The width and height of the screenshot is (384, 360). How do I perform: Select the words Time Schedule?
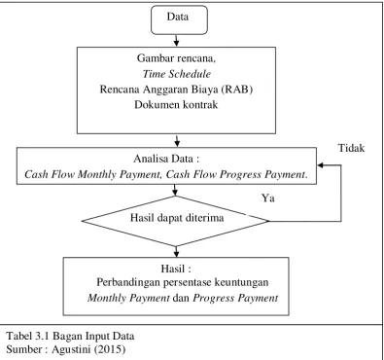click(x=177, y=74)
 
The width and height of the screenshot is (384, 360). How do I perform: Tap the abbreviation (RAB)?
click(x=237, y=90)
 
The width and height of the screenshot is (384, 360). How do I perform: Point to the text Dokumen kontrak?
click(x=176, y=105)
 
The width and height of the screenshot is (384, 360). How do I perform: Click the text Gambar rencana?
click(x=176, y=58)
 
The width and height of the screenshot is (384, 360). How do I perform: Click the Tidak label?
click(x=352, y=148)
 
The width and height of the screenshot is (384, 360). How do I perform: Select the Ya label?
click(x=268, y=198)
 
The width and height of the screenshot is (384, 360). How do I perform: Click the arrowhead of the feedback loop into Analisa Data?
click(x=320, y=165)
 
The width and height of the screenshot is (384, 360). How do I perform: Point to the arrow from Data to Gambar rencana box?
click(x=176, y=41)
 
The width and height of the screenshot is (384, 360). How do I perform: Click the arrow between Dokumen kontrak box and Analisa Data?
click(x=177, y=141)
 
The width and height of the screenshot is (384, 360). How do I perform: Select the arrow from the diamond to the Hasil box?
click(x=176, y=252)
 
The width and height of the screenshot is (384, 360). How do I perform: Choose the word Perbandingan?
click(x=128, y=282)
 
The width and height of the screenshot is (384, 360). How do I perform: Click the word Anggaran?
click(x=165, y=90)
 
